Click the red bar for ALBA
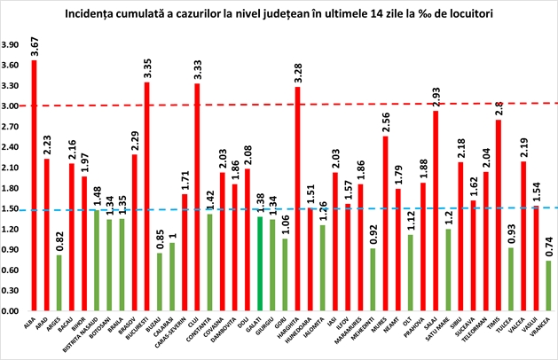(x=34, y=185)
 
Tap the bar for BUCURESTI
(x=146, y=196)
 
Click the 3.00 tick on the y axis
(x=12, y=106)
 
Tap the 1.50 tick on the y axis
(x=12, y=208)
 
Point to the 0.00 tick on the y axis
(x=12, y=311)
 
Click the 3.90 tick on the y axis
(x=12, y=44)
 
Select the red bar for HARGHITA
(x=297, y=199)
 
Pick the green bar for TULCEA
(x=511, y=279)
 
